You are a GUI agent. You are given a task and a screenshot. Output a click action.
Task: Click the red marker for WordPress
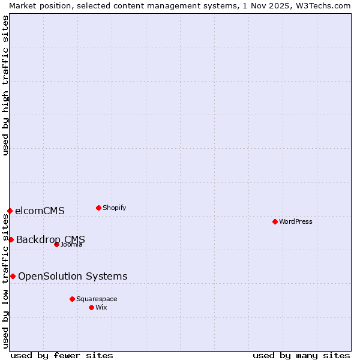point(275,221)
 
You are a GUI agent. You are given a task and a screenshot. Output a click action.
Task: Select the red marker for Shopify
point(98,208)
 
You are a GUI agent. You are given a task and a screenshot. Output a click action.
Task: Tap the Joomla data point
point(56,244)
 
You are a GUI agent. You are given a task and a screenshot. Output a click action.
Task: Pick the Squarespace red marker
point(72,299)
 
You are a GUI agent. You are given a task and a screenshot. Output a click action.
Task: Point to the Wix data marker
point(91,307)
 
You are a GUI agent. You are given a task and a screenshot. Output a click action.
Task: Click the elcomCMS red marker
point(10,211)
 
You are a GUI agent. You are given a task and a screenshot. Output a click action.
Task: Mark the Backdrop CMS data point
point(11,239)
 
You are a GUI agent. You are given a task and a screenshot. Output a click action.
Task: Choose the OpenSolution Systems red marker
point(13,276)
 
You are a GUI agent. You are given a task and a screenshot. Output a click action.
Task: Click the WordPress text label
point(296,221)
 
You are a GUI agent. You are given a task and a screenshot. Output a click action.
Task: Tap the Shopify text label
point(114,208)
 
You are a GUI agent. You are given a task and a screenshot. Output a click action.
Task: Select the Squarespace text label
point(97,299)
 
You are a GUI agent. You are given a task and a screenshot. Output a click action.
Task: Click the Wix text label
point(101,307)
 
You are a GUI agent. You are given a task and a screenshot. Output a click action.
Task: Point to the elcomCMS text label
point(40,211)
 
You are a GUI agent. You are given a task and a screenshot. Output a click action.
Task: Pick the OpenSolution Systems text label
point(73,276)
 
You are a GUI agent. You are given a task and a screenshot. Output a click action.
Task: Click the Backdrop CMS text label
point(50,239)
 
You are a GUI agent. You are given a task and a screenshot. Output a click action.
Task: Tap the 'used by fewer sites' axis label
point(62,355)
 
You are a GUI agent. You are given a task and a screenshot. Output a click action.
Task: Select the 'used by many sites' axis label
point(301,355)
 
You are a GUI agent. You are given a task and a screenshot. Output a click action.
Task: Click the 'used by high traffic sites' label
point(5,85)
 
